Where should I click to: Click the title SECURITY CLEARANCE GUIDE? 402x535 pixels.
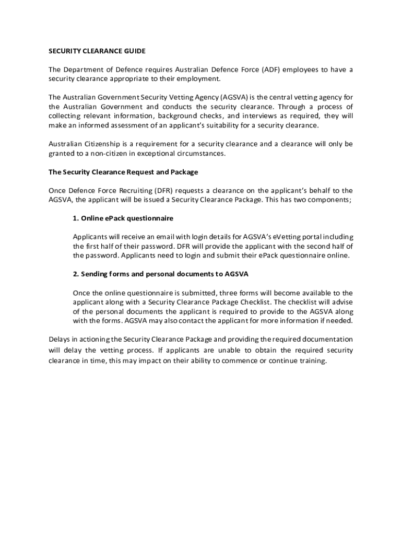[x=97, y=51]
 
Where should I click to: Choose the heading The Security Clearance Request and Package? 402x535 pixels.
[x=123, y=172]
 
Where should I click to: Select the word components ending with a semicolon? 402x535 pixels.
[x=330, y=200]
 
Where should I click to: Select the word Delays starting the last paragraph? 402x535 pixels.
[x=59, y=339]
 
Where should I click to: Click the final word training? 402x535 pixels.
[x=312, y=361]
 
